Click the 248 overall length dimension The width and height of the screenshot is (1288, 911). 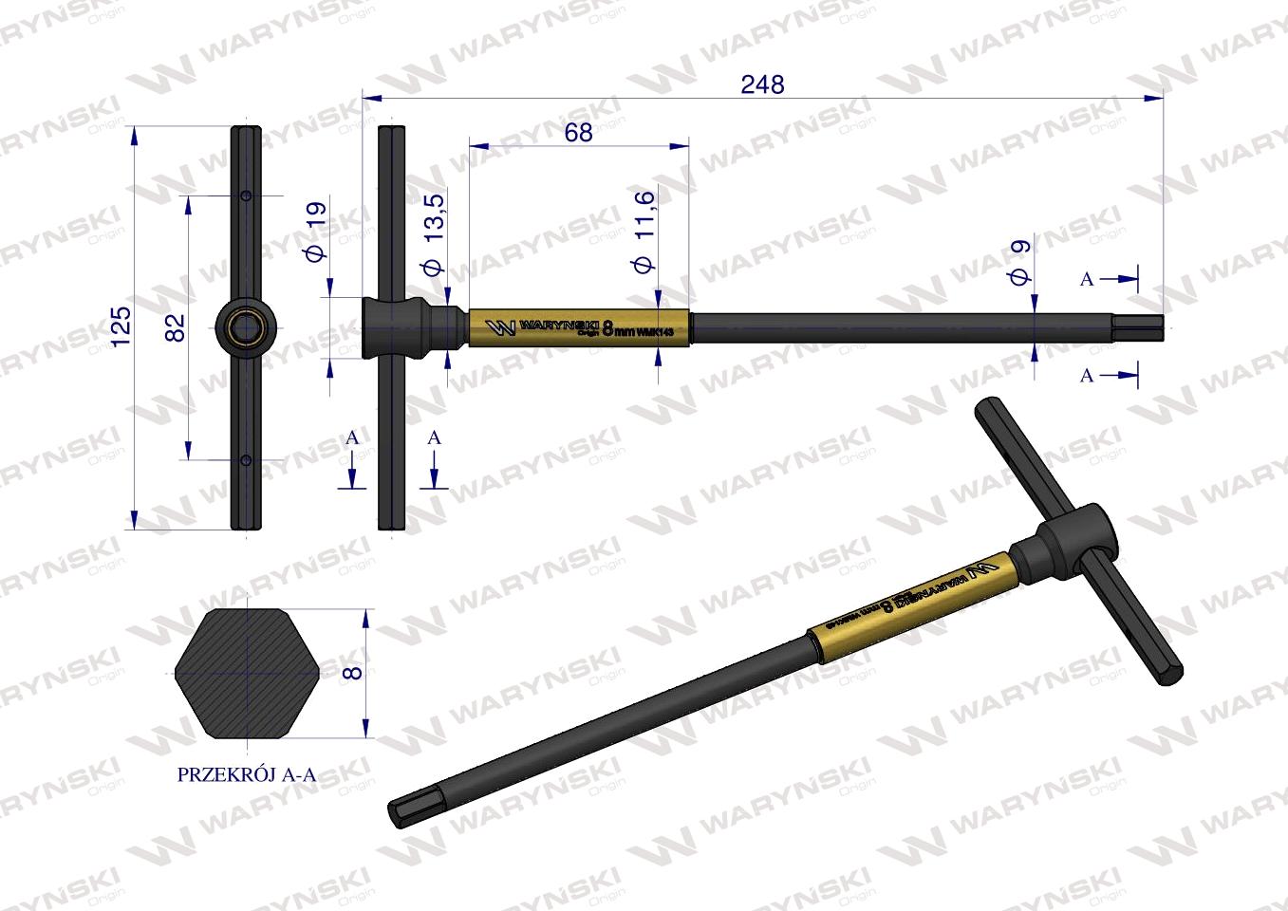[762, 84]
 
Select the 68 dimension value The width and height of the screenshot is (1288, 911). [578, 133]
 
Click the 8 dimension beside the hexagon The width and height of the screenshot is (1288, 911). [352, 672]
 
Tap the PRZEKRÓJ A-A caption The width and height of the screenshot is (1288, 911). [247, 774]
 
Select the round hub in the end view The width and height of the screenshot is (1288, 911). [246, 327]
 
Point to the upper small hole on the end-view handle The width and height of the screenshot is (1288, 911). [246, 196]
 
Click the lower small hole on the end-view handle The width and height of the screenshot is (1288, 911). [246, 460]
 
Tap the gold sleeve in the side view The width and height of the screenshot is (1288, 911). [579, 327]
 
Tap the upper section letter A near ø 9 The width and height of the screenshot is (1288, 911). [1087, 279]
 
